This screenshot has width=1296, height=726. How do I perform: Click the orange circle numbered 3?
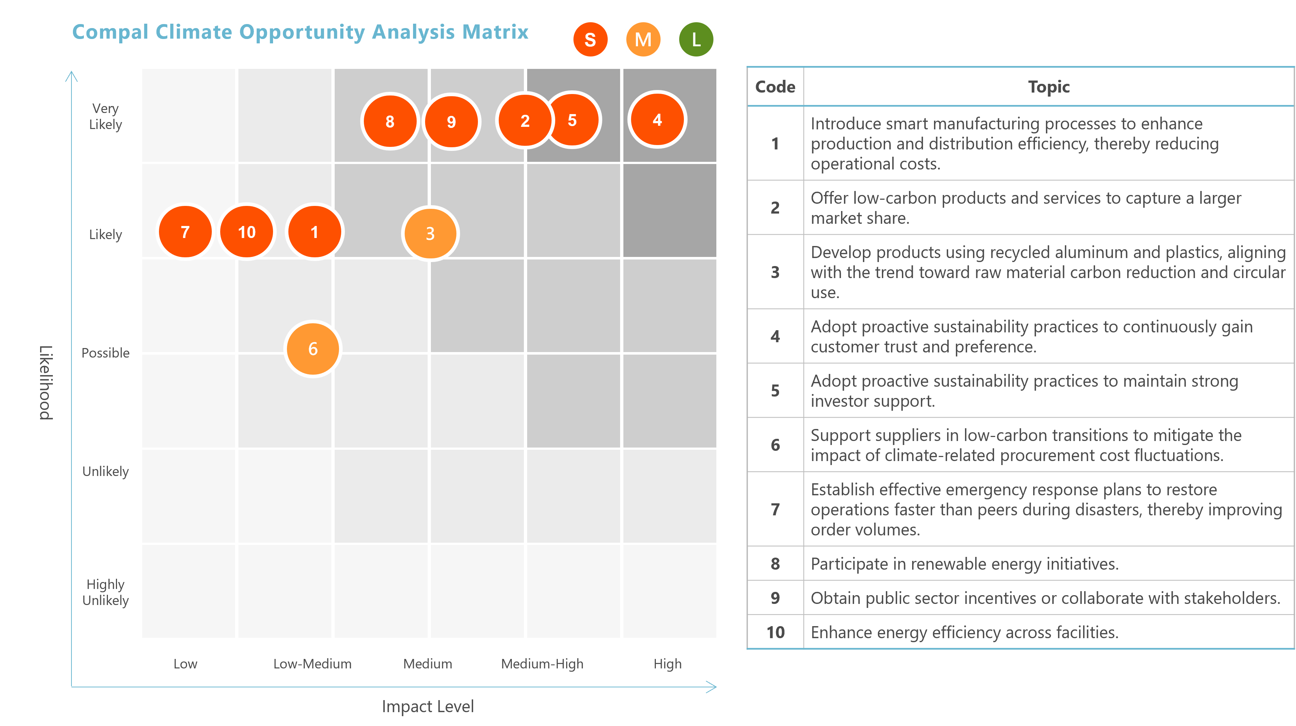click(x=430, y=234)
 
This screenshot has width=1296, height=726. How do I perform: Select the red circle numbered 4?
click(x=657, y=120)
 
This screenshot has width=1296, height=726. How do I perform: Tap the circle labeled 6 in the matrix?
click(x=313, y=349)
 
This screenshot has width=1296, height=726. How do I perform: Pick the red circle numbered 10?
click(x=246, y=232)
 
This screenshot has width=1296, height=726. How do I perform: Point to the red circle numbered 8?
click(x=390, y=121)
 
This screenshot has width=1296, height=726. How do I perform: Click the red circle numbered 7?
click(x=185, y=232)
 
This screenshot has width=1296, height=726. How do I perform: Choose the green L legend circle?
click(x=696, y=39)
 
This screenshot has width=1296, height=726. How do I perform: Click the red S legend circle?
click(x=590, y=39)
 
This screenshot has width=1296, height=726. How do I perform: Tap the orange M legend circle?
click(x=643, y=39)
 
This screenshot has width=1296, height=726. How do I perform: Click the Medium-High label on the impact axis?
click(x=542, y=664)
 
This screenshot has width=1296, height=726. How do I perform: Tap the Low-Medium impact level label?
click(x=312, y=664)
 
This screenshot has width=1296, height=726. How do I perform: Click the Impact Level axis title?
click(x=428, y=706)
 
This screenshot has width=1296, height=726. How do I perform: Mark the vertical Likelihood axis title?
click(x=46, y=382)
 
